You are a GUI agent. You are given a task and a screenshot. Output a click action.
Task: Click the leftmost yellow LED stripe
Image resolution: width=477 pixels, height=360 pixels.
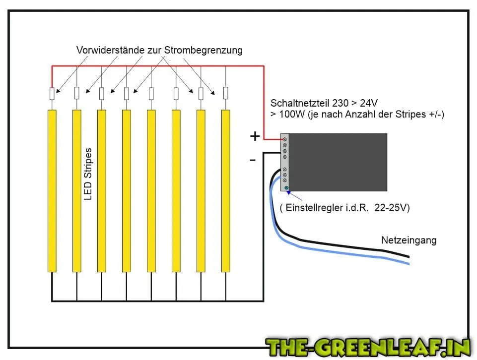[x=52, y=191]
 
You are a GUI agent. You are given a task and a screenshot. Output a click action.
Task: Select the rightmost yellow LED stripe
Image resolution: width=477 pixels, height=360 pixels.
[x=226, y=191]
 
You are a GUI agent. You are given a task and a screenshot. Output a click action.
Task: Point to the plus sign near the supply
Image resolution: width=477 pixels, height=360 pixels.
[x=255, y=137]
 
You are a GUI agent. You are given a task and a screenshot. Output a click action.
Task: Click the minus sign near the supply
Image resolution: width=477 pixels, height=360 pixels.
[x=253, y=160]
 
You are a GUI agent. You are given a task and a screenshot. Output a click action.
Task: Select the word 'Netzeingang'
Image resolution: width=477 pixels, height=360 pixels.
[x=409, y=240]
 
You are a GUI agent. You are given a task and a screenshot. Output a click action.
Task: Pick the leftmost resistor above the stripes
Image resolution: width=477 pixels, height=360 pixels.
[x=52, y=93]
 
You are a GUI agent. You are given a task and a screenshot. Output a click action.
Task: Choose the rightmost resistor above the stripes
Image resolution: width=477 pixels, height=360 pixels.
[x=226, y=93]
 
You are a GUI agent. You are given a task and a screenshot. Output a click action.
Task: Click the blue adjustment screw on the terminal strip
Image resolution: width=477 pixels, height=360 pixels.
[x=286, y=187]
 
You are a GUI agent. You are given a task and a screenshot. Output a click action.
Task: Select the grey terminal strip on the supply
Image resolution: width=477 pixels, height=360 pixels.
[x=286, y=162]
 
